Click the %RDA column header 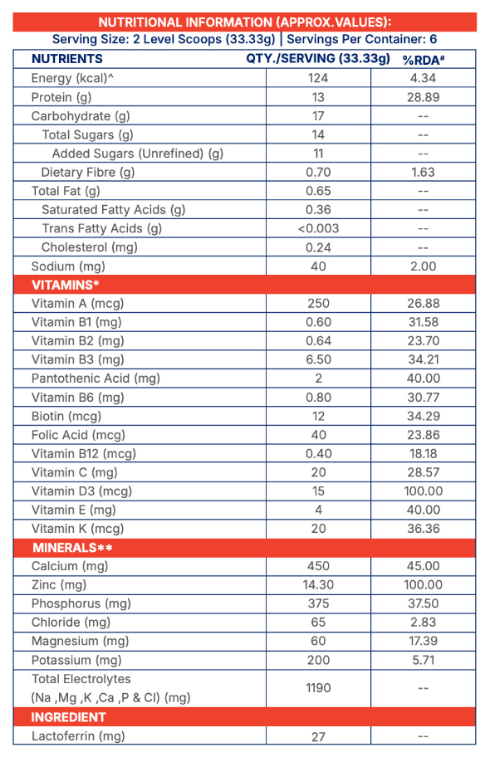424,60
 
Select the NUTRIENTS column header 67,59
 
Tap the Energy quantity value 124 318,78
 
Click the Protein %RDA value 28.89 424,97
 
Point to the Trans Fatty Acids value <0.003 318,228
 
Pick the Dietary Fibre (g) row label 88,173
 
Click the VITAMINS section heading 66,285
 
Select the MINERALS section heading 72,548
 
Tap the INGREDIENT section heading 69,717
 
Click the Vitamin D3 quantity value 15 318,491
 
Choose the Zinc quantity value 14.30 318,584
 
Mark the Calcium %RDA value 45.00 424,566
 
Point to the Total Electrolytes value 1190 318,688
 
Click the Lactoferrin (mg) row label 78,736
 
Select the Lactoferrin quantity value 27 318,737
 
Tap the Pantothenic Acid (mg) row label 96,378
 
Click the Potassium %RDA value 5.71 424,660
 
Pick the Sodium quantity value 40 318,266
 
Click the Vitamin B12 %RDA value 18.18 424,454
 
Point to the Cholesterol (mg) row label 90,247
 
